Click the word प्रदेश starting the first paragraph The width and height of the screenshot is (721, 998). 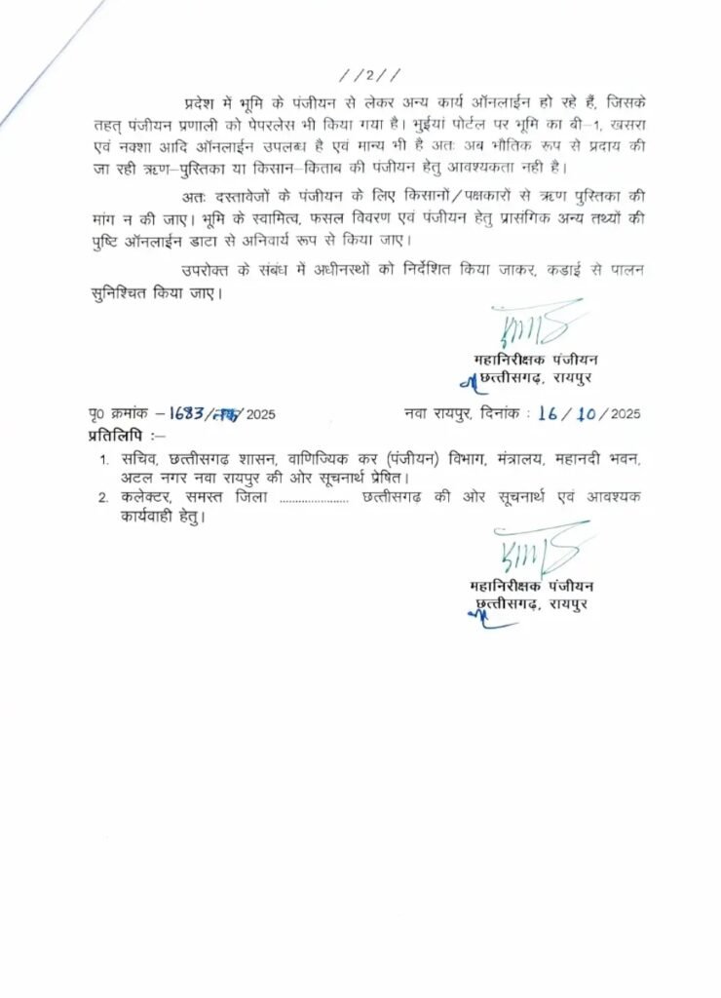pyautogui.click(x=202, y=102)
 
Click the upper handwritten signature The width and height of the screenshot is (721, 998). pyautogui.click(x=536, y=326)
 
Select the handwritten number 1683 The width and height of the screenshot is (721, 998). pyautogui.click(x=183, y=413)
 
